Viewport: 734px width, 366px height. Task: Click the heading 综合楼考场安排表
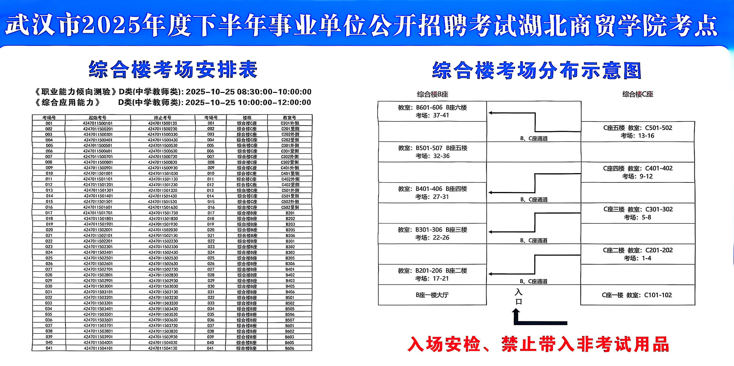173,69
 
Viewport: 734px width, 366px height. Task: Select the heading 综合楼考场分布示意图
537,70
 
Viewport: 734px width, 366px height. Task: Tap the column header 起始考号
98,118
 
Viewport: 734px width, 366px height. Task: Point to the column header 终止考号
163,118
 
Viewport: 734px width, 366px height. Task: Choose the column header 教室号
289,118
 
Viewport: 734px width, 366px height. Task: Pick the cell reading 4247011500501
98,146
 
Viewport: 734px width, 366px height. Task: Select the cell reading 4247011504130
163,348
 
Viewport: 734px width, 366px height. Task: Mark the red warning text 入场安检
444,344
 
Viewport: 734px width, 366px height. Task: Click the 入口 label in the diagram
519,297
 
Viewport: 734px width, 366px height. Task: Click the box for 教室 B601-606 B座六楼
432,111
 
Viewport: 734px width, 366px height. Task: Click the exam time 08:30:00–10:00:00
274,92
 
